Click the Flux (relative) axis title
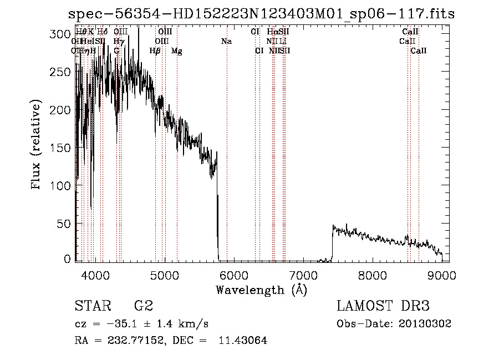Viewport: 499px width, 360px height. (37, 146)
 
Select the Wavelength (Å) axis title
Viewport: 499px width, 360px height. (261, 290)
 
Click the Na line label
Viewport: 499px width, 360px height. (226, 42)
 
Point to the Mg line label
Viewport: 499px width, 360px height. (177, 51)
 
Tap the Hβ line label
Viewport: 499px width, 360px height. (155, 51)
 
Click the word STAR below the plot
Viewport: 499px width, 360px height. (92, 306)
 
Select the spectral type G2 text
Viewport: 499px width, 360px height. (144, 306)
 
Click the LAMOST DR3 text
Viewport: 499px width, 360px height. (383, 306)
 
